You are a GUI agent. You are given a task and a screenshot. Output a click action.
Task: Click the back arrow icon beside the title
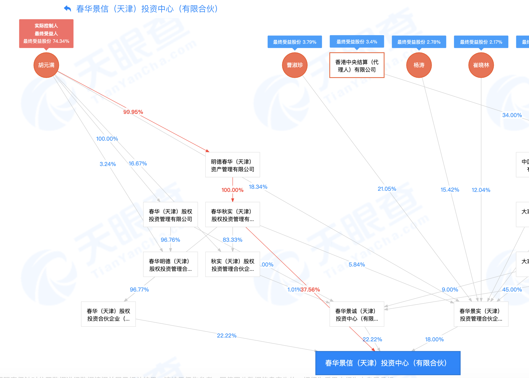[67, 9]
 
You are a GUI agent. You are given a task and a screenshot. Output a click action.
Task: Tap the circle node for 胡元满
[46, 65]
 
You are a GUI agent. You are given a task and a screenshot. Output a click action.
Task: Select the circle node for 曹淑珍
[294, 65]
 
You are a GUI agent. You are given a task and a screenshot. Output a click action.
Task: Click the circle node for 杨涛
[419, 65]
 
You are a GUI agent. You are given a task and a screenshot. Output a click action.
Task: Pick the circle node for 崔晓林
[481, 65]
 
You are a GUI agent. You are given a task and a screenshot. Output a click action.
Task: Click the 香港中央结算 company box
[357, 66]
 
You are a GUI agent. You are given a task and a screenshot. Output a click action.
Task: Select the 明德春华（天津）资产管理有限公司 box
[233, 165]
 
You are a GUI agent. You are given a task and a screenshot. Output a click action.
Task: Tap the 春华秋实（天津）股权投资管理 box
[233, 215]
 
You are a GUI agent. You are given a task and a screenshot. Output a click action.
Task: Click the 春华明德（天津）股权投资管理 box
[170, 265]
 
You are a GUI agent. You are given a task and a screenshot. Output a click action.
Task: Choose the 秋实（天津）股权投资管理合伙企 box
[233, 265]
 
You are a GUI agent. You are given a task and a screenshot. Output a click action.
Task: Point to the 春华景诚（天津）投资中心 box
[357, 315]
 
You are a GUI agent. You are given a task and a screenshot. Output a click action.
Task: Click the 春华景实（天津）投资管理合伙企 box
[481, 315]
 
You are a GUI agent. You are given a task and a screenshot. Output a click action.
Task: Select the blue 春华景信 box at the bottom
[388, 363]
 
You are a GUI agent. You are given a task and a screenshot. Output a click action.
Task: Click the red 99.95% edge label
[133, 112]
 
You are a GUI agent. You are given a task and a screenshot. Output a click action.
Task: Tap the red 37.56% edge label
[310, 290]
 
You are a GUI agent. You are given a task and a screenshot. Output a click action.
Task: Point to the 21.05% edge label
[387, 189]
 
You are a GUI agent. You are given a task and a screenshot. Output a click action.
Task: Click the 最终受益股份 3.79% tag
[294, 42]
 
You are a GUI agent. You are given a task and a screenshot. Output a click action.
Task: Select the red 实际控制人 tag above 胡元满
[46, 33]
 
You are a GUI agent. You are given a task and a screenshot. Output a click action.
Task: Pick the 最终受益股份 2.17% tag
[481, 42]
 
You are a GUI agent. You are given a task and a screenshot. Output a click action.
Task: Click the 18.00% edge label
[434, 340]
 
